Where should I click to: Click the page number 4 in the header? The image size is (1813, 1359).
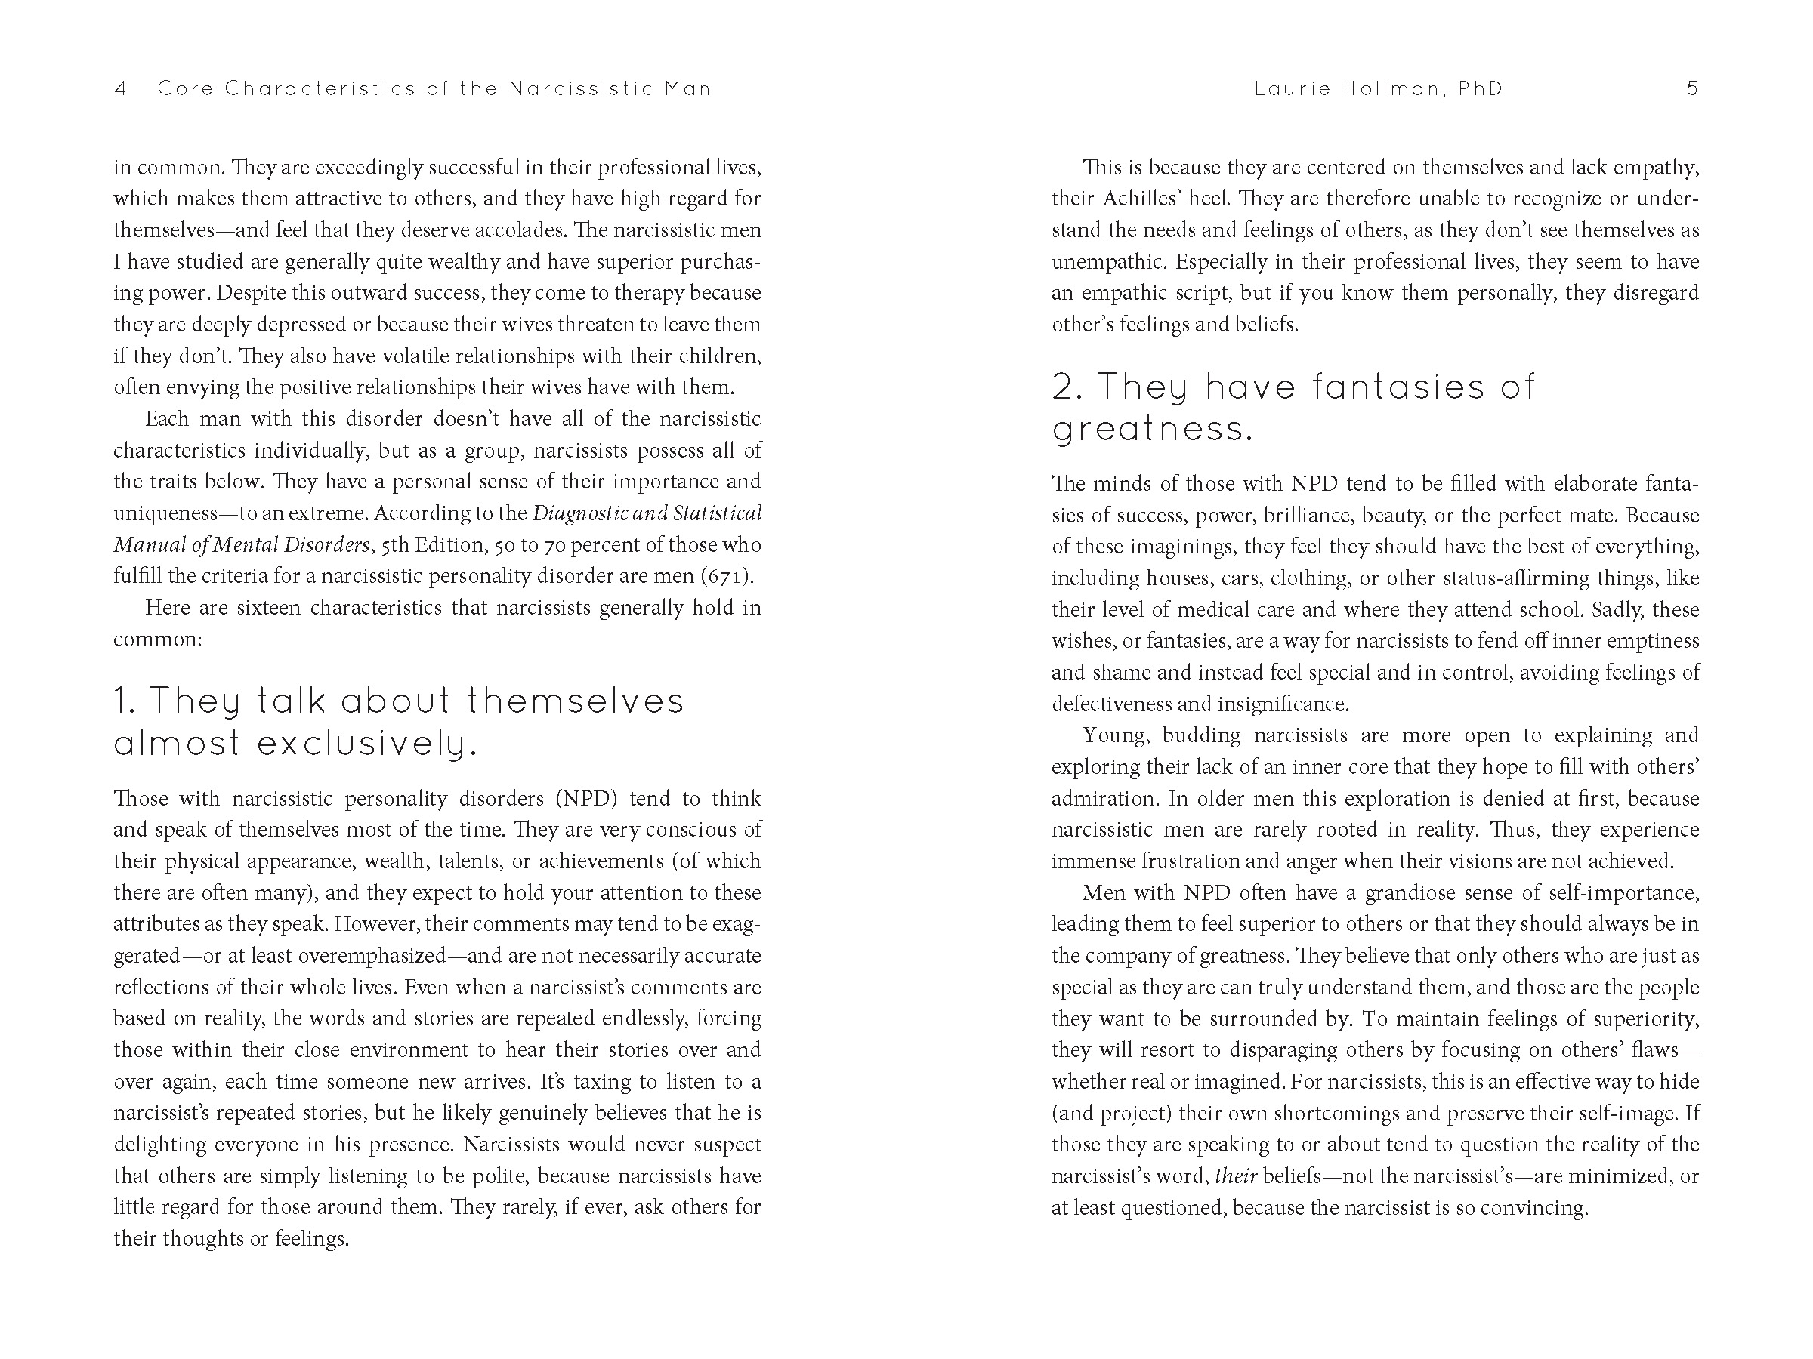pos(120,88)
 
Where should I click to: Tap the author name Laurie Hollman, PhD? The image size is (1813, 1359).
pos(1379,88)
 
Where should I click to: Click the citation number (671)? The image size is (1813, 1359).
pos(726,576)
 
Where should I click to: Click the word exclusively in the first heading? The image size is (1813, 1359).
pos(367,744)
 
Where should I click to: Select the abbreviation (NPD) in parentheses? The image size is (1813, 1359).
pos(586,799)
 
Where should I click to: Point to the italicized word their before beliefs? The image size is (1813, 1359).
pos(1236,1176)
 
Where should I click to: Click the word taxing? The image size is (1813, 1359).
pos(602,1082)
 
